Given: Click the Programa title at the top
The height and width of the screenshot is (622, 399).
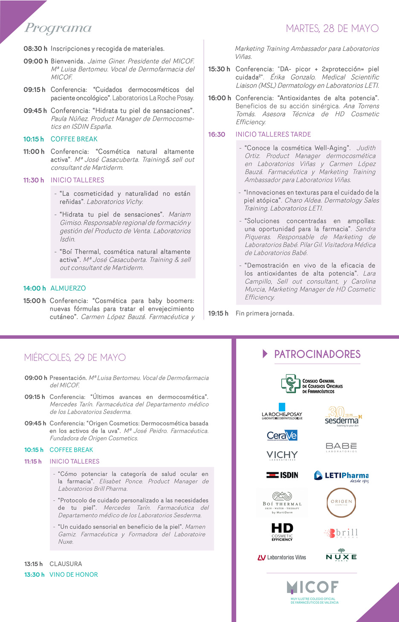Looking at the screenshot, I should (58, 28).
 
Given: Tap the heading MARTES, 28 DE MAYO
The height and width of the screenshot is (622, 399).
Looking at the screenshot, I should (332, 29).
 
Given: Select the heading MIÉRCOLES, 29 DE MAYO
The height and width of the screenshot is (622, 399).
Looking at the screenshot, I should (75, 358).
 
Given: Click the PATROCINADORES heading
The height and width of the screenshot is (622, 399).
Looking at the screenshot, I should (317, 354).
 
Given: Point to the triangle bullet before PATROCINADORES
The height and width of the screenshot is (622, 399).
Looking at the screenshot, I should (265, 354).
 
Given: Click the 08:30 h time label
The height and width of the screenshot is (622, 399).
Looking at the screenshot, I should (35, 49).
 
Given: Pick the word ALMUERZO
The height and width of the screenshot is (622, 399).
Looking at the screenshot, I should (68, 288).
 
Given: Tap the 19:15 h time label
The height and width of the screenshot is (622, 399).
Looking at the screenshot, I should (218, 313).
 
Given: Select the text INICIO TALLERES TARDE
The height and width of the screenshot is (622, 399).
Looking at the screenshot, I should (273, 134).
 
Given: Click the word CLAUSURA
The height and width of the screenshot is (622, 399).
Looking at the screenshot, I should (66, 564).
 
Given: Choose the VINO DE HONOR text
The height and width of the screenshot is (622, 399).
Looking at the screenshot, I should (74, 575).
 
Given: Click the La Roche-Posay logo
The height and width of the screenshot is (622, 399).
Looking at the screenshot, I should (282, 411).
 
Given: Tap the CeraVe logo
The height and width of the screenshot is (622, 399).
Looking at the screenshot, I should (282, 436).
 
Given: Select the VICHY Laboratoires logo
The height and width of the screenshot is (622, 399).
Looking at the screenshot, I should (282, 456).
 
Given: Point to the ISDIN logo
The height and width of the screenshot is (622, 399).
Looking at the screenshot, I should (282, 475).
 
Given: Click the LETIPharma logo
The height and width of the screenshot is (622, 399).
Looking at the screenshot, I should (341, 476).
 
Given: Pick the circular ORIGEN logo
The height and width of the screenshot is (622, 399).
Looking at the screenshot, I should (341, 502).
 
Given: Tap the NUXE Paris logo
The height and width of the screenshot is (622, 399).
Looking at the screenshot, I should (341, 557).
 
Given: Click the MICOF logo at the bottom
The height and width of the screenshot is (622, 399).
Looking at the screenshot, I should (313, 591).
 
